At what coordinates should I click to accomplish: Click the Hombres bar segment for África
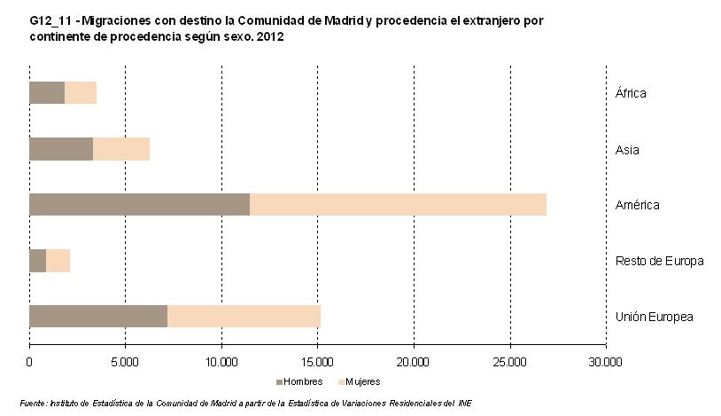coord(47,92)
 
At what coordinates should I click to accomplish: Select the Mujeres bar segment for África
coord(81,92)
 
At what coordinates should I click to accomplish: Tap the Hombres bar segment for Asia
coord(61,149)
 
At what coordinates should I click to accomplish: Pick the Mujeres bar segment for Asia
coord(121,149)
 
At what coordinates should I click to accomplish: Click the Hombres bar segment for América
coord(139,204)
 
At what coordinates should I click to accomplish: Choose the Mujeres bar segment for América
coord(398,204)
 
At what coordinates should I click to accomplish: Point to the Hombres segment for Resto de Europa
coord(37,261)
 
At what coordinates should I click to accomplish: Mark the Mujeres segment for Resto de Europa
coord(58,261)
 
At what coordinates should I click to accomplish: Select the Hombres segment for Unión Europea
coord(98,316)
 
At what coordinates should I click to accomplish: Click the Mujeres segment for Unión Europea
coord(244,316)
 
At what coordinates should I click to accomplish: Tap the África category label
coord(631,93)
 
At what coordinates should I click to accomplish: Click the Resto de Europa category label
coord(659,261)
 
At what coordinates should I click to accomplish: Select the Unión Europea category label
coord(654,317)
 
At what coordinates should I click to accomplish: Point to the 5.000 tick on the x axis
coord(125,361)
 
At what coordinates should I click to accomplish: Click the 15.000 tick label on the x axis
coord(317,361)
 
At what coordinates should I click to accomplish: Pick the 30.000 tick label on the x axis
coord(606,361)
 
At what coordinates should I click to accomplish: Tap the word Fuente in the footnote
coord(34,403)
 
